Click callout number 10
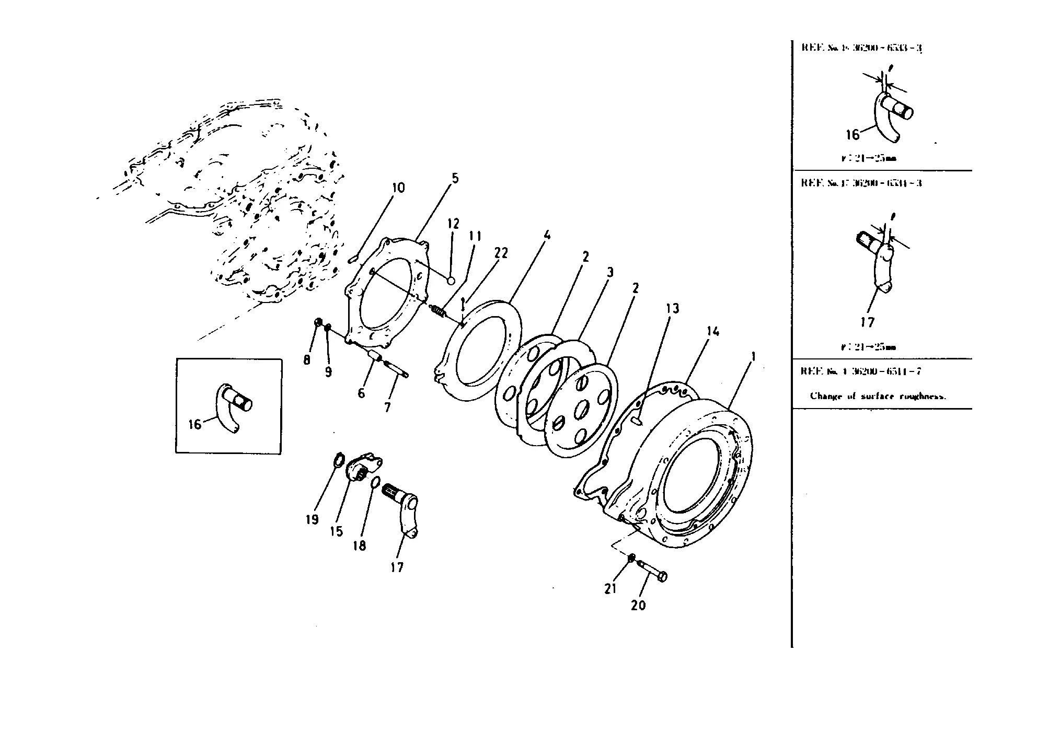point(398,188)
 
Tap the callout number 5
point(455,179)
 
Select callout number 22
point(501,253)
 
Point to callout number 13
point(672,309)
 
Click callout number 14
point(713,332)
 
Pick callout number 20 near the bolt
point(638,606)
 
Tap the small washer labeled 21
point(631,559)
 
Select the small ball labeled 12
point(451,281)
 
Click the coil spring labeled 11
point(438,311)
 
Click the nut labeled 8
point(317,323)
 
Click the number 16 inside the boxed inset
point(194,425)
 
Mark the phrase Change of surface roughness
point(878,396)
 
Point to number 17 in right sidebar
point(867,322)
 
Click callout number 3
point(609,273)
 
